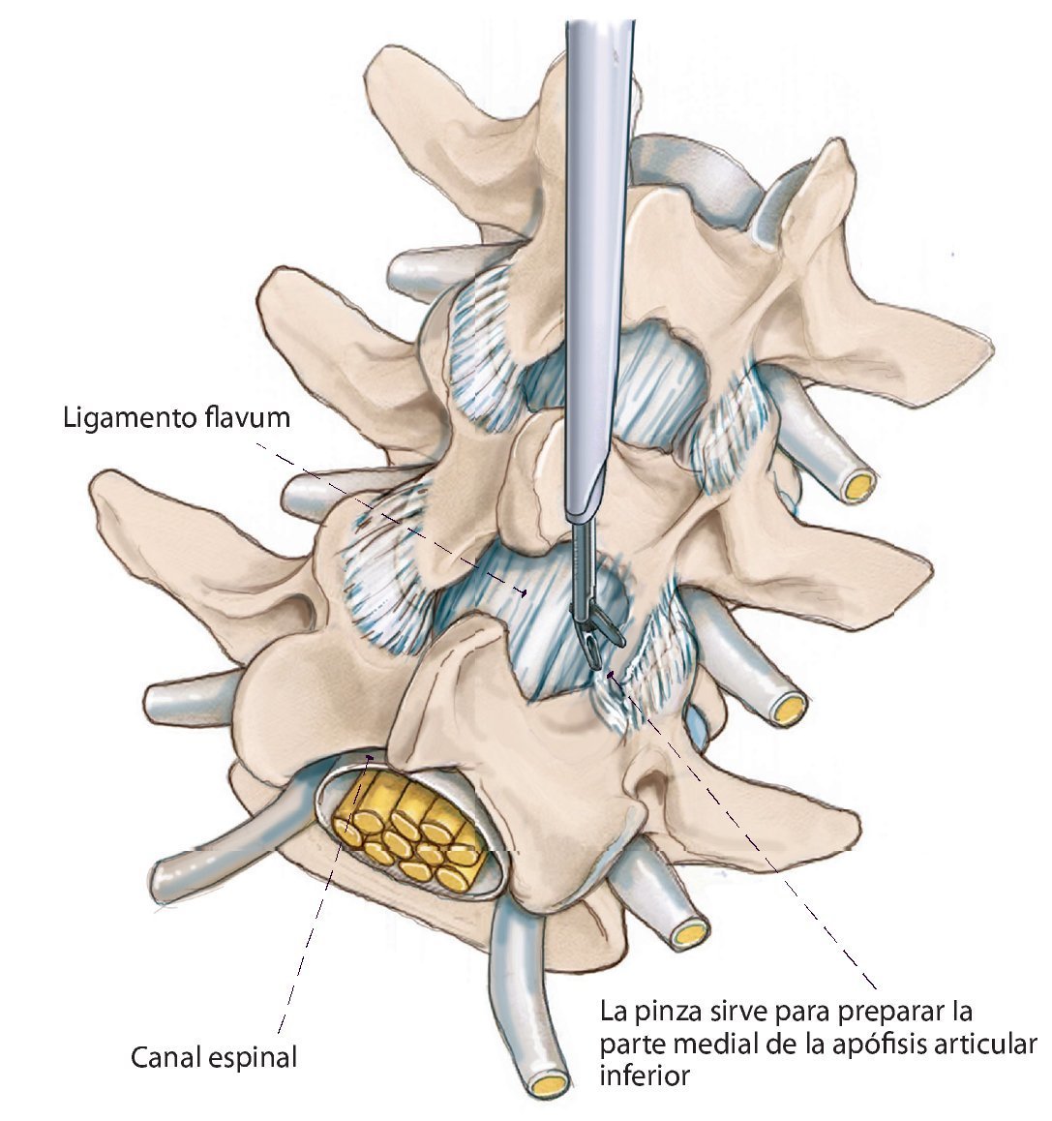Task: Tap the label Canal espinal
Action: pos(213,1056)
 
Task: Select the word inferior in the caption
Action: pos(645,1075)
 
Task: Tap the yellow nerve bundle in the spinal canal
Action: pos(410,833)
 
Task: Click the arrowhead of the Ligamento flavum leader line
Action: pos(524,592)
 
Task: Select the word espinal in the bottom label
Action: pos(252,1056)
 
